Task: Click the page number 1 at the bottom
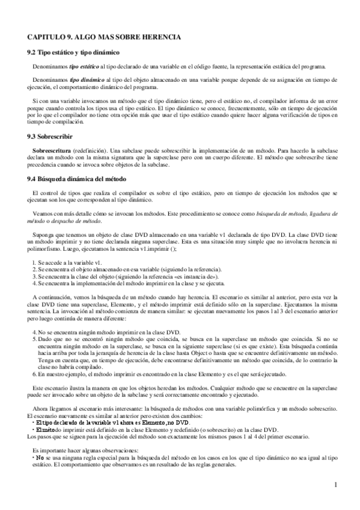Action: (x=335, y=485)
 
